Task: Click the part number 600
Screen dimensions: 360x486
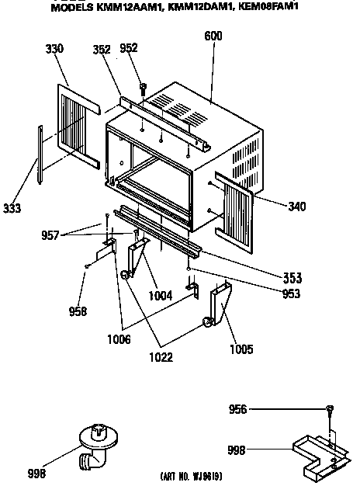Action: pyautogui.click(x=213, y=36)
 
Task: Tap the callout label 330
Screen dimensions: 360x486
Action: pyautogui.click(x=54, y=49)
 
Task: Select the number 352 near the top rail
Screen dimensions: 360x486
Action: pyautogui.click(x=102, y=49)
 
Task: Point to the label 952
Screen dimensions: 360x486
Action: pyautogui.click(x=129, y=47)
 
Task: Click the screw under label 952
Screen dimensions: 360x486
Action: pyautogui.click(x=143, y=89)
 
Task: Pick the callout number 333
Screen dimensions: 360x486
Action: pyautogui.click(x=12, y=208)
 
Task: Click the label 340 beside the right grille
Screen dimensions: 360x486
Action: pyautogui.click(x=297, y=207)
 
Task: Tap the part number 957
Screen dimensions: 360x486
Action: pyautogui.click(x=50, y=235)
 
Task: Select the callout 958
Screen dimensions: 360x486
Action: pyautogui.click(x=78, y=311)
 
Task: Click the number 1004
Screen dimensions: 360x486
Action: pyautogui.click(x=161, y=296)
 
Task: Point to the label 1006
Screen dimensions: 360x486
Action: pyautogui.click(x=119, y=339)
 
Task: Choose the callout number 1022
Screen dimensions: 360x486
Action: pyautogui.click(x=161, y=357)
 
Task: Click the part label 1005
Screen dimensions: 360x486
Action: pyautogui.click(x=241, y=349)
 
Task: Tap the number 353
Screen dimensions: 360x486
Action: pyautogui.click(x=292, y=278)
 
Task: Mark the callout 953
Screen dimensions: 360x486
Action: pyautogui.click(x=291, y=293)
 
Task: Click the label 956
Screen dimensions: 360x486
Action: pyautogui.click(x=237, y=409)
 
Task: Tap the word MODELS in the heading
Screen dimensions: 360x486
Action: pyautogui.click(x=72, y=8)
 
